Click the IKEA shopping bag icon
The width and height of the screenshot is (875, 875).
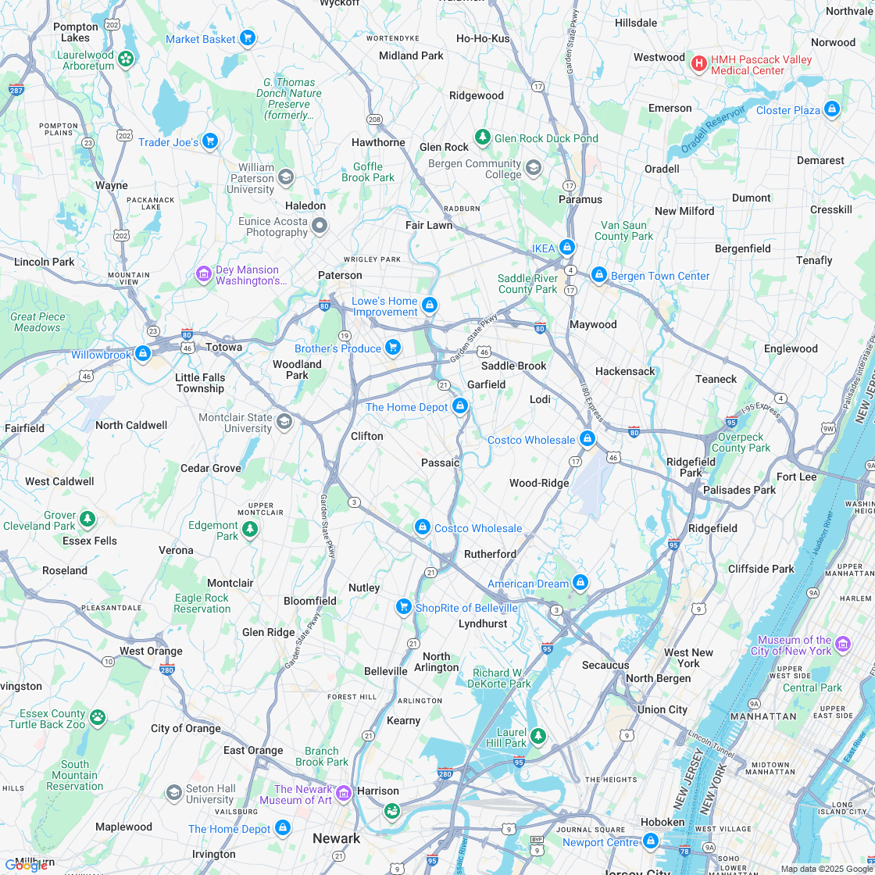click(567, 247)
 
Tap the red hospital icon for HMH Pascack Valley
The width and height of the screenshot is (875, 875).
click(699, 63)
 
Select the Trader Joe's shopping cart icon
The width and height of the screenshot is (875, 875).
click(209, 141)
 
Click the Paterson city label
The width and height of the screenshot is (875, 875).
click(340, 275)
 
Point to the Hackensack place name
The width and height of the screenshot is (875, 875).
click(625, 371)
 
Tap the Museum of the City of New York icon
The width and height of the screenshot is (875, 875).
click(843, 644)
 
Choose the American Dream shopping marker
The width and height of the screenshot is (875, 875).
click(580, 582)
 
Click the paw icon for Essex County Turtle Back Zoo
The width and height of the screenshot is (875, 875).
click(98, 717)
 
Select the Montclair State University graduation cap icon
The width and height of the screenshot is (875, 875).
click(284, 422)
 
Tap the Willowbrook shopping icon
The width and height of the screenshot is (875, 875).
click(142, 354)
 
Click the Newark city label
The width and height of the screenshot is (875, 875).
click(337, 838)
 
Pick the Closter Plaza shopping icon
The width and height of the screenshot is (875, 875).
click(832, 109)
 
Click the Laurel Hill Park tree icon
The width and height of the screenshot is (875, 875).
click(537, 735)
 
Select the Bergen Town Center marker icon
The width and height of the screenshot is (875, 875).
click(599, 274)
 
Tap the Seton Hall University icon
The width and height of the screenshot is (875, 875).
click(174, 793)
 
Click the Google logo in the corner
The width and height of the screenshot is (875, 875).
click(27, 864)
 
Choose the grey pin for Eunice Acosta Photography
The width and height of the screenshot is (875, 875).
click(319, 226)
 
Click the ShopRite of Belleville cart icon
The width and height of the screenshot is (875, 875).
click(403, 606)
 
